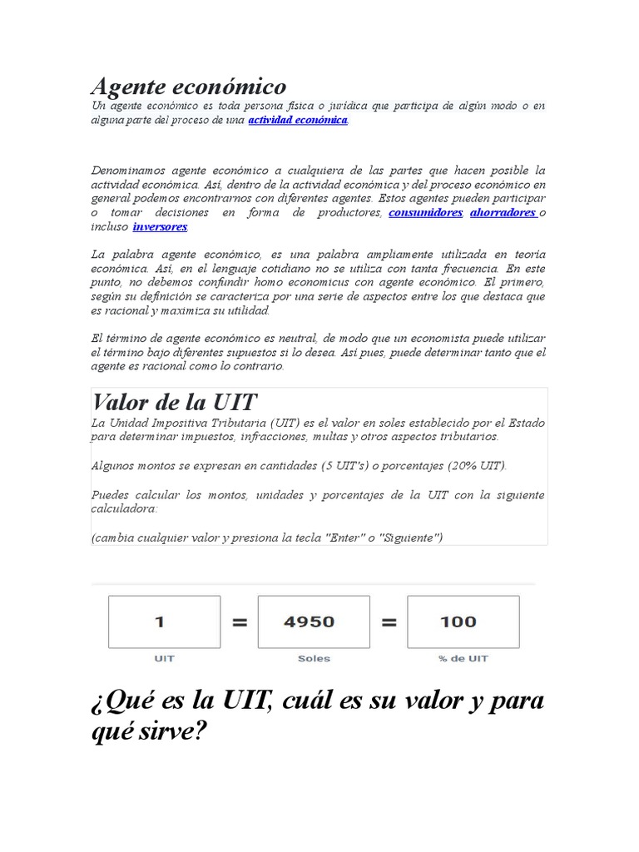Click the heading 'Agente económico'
[189, 86]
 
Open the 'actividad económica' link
[298, 120]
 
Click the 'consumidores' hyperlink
[425, 212]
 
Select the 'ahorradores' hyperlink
[503, 212]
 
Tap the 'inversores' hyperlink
[160, 225]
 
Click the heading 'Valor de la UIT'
[175, 403]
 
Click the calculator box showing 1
[164, 622]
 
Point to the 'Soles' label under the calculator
[314, 658]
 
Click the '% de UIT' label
[463, 658]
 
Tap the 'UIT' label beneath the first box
[164, 658]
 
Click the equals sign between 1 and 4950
[240, 622]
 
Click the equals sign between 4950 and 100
[389, 622]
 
